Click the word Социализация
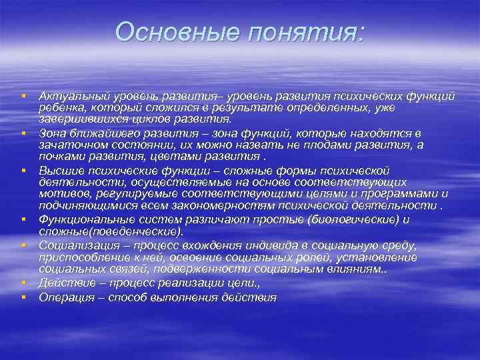[x=76, y=245]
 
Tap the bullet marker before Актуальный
[x=23, y=97]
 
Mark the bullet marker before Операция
[x=23, y=297]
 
